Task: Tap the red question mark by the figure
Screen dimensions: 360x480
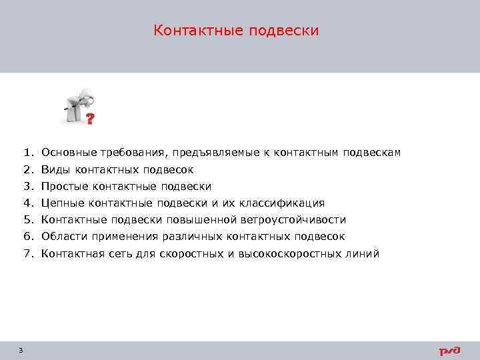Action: tap(90, 118)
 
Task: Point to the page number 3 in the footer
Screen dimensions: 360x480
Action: tap(21, 350)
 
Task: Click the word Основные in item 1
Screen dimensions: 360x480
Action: tap(65, 153)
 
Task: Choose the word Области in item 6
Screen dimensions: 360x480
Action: tap(61, 236)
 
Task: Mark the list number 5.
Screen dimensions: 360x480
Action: tap(27, 219)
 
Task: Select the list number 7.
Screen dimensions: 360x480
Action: tap(27, 253)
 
